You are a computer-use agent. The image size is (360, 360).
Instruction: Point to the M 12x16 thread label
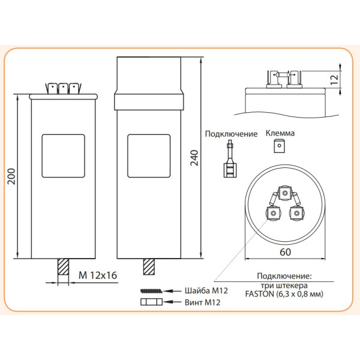[x=97, y=277]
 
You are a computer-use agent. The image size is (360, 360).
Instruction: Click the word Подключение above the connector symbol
[x=231, y=134]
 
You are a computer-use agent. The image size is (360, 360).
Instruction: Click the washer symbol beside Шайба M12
[x=151, y=291]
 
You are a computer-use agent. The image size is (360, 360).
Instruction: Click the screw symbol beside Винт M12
[x=151, y=303]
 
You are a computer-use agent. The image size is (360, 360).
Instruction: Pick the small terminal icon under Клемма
[x=278, y=146]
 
